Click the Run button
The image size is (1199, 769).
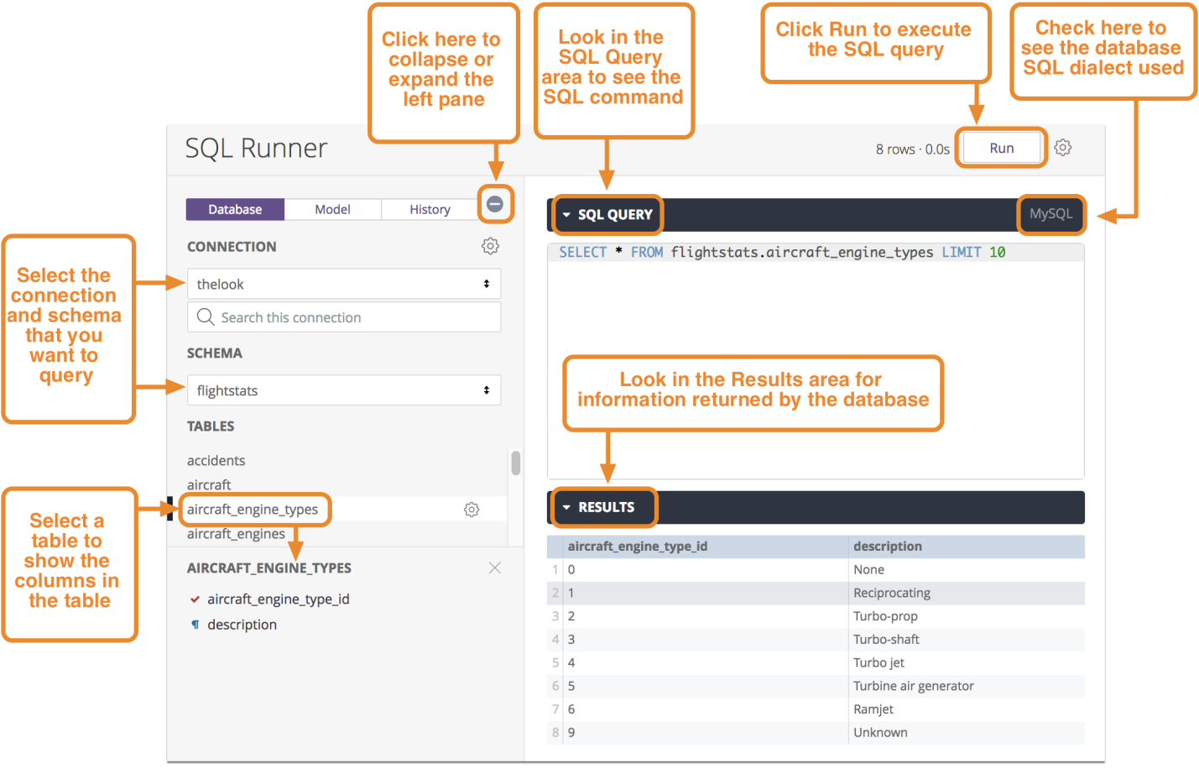tap(1001, 148)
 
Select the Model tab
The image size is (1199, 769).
tap(332, 209)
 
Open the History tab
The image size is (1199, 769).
tap(430, 209)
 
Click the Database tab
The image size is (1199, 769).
tap(235, 209)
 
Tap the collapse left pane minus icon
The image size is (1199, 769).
tap(494, 204)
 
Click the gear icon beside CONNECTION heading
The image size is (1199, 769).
tap(490, 246)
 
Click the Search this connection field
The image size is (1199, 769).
tap(344, 317)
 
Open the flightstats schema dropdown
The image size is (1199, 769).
tap(344, 390)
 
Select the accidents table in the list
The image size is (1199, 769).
tap(216, 461)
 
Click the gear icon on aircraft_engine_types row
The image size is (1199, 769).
tap(472, 510)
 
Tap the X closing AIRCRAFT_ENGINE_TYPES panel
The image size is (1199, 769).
tap(494, 568)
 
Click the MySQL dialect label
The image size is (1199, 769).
tap(1050, 214)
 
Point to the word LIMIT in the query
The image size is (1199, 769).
tap(962, 252)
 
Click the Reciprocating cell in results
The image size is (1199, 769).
tap(892, 593)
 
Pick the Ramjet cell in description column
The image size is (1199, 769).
tap(873, 709)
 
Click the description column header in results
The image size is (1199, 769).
tap(888, 547)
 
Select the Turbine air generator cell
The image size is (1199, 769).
tap(913, 686)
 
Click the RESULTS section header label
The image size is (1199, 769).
tap(606, 507)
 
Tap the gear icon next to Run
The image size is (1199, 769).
tap(1062, 147)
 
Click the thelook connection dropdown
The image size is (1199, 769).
tap(344, 284)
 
